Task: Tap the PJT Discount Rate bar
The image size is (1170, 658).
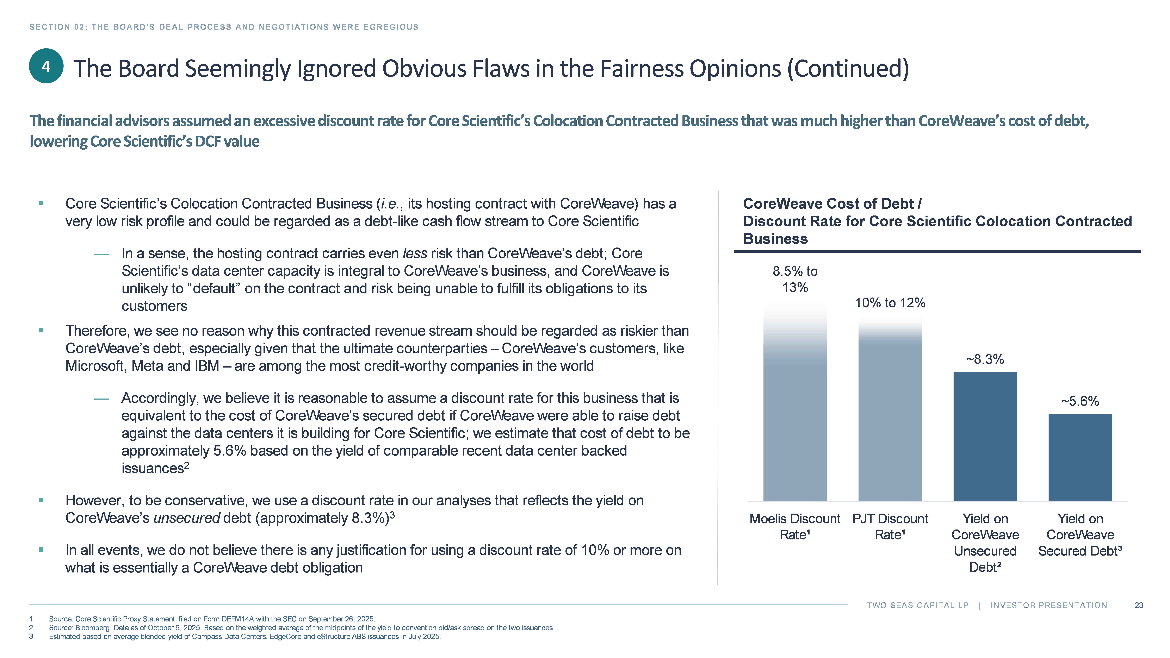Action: click(x=890, y=418)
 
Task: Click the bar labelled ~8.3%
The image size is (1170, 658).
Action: click(x=985, y=436)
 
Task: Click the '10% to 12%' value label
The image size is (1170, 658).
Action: click(x=890, y=303)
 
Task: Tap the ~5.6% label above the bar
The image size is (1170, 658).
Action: click(x=1080, y=401)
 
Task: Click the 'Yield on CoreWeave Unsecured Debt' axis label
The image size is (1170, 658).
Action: click(x=985, y=543)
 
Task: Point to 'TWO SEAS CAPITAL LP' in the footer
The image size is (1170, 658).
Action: click(x=917, y=605)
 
